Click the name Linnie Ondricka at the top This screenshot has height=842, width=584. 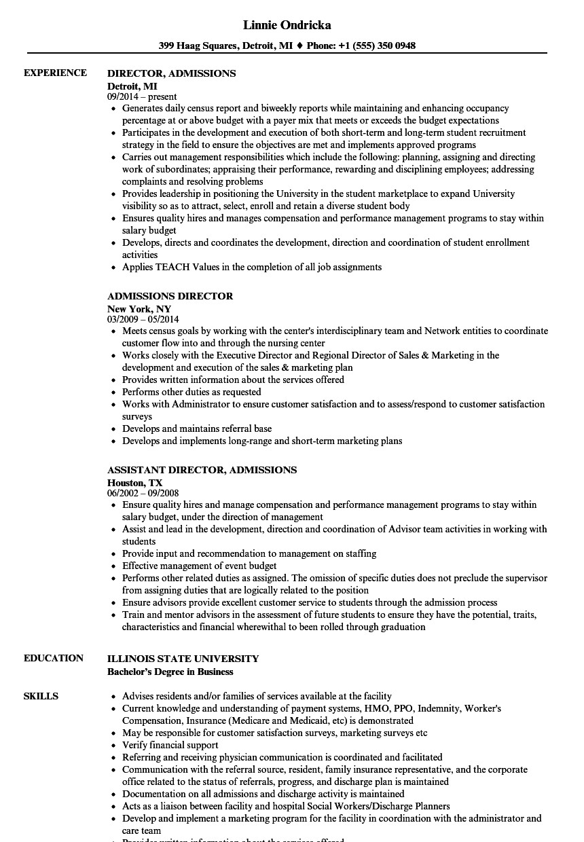(x=287, y=25)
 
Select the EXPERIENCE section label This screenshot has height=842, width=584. (x=55, y=73)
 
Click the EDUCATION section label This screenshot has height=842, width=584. (x=54, y=658)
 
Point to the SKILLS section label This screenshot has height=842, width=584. (x=41, y=696)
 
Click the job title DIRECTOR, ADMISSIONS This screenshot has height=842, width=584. (x=172, y=73)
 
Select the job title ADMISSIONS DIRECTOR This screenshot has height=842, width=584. (x=170, y=296)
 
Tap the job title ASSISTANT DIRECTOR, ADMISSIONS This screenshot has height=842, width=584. (x=202, y=470)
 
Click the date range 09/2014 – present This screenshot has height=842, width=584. (x=142, y=97)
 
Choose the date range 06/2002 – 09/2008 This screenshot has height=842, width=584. (x=143, y=494)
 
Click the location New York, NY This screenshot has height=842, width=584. (x=139, y=309)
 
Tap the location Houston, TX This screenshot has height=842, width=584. (x=135, y=483)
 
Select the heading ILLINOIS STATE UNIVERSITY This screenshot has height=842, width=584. (x=183, y=659)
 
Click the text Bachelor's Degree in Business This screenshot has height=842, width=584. (x=170, y=672)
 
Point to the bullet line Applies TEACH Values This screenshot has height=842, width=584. (x=251, y=267)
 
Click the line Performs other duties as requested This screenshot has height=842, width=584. (x=191, y=392)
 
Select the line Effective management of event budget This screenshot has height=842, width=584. (x=200, y=566)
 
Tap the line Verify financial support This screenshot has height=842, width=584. (x=170, y=745)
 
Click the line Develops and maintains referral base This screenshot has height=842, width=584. (x=197, y=428)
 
